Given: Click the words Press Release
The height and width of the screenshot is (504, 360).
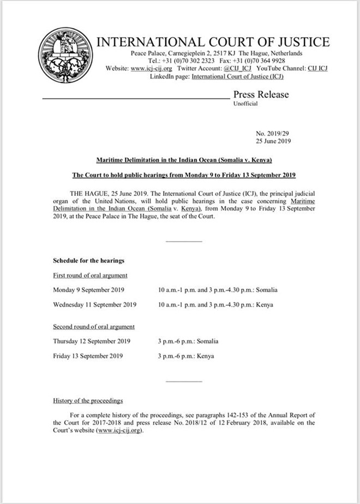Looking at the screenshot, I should pyautogui.click(x=261, y=94).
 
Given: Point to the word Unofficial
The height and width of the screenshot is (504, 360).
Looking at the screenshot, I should pyautogui.click(x=245, y=104).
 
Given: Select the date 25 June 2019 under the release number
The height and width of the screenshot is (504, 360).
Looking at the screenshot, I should pyautogui.click(x=273, y=141).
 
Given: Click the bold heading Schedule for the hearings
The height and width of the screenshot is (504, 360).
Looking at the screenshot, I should pyautogui.click(x=88, y=261).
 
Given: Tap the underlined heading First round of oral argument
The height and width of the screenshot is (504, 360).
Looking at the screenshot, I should pyautogui.click(x=90, y=275).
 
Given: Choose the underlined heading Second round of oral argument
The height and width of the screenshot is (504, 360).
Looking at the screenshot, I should pyautogui.click(x=94, y=327).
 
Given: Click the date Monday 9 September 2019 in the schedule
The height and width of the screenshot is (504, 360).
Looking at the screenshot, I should pyautogui.click(x=89, y=290).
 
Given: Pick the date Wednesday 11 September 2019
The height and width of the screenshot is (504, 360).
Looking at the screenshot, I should pyautogui.click(x=94, y=304).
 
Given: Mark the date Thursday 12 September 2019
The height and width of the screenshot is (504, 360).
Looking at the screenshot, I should pyautogui.click(x=92, y=341).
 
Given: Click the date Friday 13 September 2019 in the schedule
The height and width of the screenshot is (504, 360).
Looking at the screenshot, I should pyautogui.click(x=88, y=356).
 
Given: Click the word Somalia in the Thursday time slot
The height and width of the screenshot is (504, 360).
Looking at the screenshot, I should pyautogui.click(x=208, y=341).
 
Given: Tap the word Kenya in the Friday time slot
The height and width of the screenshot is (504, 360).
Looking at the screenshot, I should pyautogui.click(x=206, y=356).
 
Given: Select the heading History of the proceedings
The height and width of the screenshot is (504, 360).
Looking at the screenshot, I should pyautogui.click(x=88, y=401).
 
